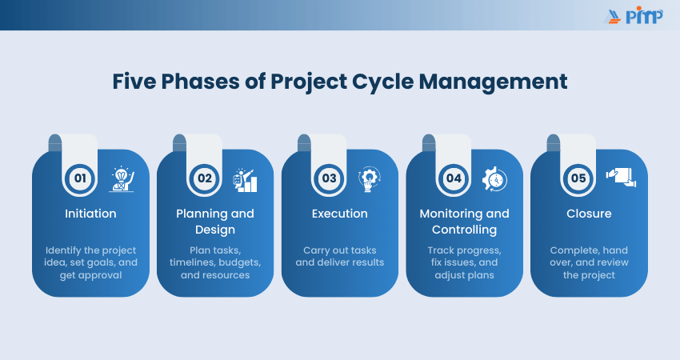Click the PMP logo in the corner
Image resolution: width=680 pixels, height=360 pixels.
click(x=634, y=15)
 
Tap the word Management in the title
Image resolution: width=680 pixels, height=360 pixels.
click(x=493, y=82)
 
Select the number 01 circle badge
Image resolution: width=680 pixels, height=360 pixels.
click(x=80, y=178)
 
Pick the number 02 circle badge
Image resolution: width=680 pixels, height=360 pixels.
click(x=205, y=178)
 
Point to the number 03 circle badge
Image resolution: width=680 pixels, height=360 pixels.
click(x=329, y=178)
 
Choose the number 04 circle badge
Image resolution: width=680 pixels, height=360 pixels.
click(x=454, y=178)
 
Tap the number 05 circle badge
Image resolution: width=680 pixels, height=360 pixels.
click(x=578, y=178)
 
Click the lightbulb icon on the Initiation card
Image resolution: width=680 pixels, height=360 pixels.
click(x=122, y=179)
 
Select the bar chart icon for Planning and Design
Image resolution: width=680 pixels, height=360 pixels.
click(x=245, y=181)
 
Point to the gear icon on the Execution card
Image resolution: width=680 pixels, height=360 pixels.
click(x=369, y=179)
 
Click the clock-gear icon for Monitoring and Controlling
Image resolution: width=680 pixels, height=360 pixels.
click(x=495, y=179)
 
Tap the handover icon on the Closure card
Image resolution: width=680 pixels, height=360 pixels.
click(x=621, y=178)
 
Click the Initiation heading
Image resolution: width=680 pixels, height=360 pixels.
click(x=90, y=214)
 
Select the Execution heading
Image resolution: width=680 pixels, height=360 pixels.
click(x=339, y=214)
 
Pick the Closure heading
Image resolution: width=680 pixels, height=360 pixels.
click(x=589, y=214)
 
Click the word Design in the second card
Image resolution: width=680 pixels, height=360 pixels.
click(x=215, y=230)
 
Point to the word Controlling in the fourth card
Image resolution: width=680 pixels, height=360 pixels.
click(x=465, y=230)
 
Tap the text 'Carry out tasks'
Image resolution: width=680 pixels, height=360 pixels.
click(x=339, y=250)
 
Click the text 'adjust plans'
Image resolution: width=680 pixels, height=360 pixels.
click(x=465, y=275)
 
